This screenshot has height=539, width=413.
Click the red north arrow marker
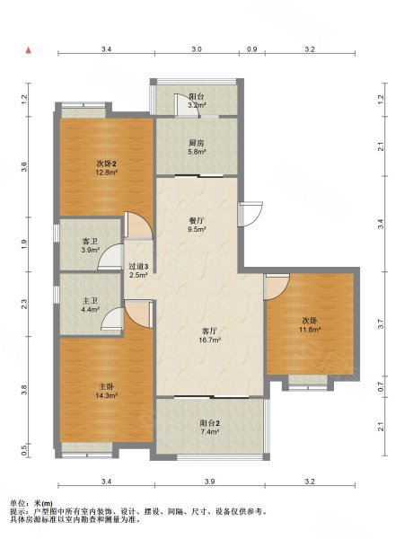(29, 50)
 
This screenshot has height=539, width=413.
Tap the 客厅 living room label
(209, 331)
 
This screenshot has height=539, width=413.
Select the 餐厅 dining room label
(197, 220)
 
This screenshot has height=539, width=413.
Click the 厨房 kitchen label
(197, 143)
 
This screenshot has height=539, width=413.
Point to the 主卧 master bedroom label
(106, 386)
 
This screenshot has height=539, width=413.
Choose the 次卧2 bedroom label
(106, 163)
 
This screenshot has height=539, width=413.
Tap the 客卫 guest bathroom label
(90, 242)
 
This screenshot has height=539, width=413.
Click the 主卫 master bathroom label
(90, 301)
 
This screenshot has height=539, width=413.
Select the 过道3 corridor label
(138, 267)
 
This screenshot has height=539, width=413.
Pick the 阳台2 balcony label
(210, 423)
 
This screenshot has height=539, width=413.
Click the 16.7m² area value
(210, 340)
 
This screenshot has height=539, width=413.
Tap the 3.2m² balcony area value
(197, 105)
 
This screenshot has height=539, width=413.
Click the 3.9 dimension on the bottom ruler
(209, 482)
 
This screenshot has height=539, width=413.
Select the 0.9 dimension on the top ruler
(252, 49)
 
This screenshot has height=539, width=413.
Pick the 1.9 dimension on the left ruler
(23, 244)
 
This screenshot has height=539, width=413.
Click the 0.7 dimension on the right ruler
(381, 387)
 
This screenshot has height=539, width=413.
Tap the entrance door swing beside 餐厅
(250, 214)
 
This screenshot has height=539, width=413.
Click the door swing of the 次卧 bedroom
(277, 287)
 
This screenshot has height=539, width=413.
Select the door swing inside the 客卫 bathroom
(110, 256)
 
